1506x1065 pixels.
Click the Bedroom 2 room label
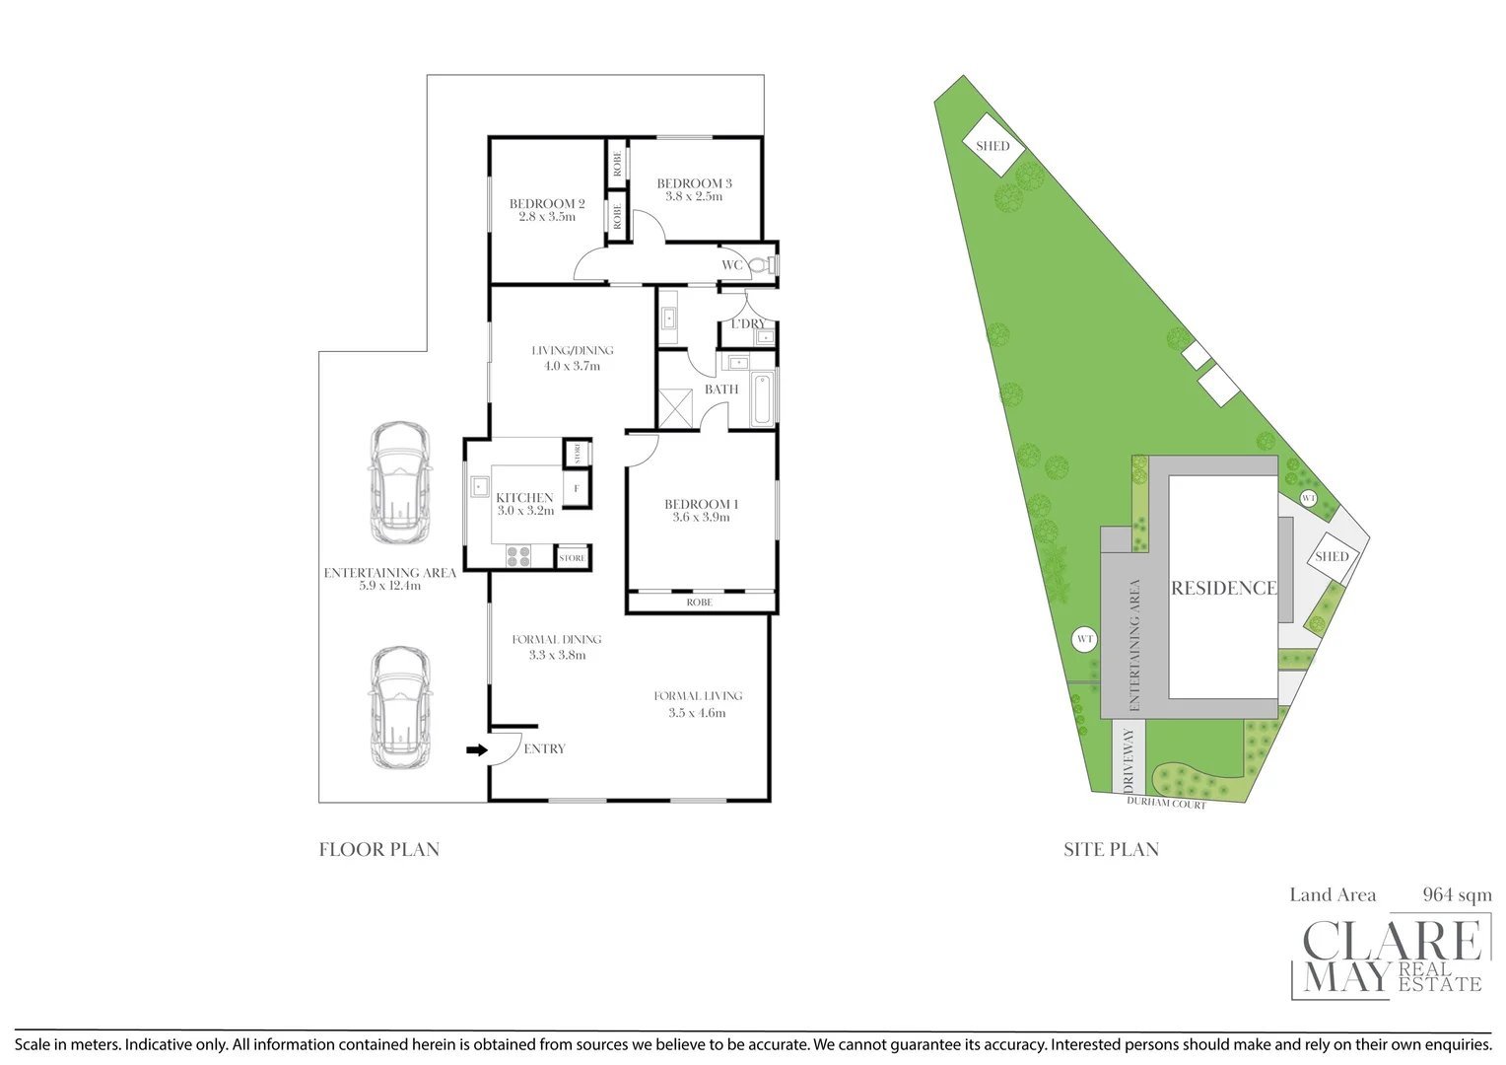pyautogui.click(x=547, y=204)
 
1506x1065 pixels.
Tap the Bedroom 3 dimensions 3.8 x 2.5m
pyautogui.click(x=694, y=197)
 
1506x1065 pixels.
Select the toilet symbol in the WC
pyautogui.click(x=761, y=264)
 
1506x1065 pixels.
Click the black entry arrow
pyautogui.click(x=476, y=750)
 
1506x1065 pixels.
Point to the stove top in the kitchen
pyautogui.click(x=518, y=556)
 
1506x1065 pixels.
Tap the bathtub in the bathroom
pyautogui.click(x=762, y=399)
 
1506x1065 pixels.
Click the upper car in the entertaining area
pyautogui.click(x=399, y=482)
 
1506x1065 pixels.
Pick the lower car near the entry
pyautogui.click(x=399, y=707)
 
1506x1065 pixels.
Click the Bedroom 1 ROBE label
pyautogui.click(x=699, y=603)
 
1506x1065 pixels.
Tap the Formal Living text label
pyautogui.click(x=698, y=696)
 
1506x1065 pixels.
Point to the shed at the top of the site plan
pyautogui.click(x=993, y=146)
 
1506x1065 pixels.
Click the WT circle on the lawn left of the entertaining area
pyautogui.click(x=1085, y=639)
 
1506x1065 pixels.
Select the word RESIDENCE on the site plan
pyautogui.click(x=1223, y=588)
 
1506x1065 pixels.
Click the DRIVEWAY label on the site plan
pyautogui.click(x=1129, y=759)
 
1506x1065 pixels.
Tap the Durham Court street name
pyautogui.click(x=1166, y=804)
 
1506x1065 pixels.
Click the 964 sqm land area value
pyautogui.click(x=1457, y=895)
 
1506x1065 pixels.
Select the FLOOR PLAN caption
pyautogui.click(x=379, y=849)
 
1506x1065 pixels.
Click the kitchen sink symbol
pyautogui.click(x=479, y=486)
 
